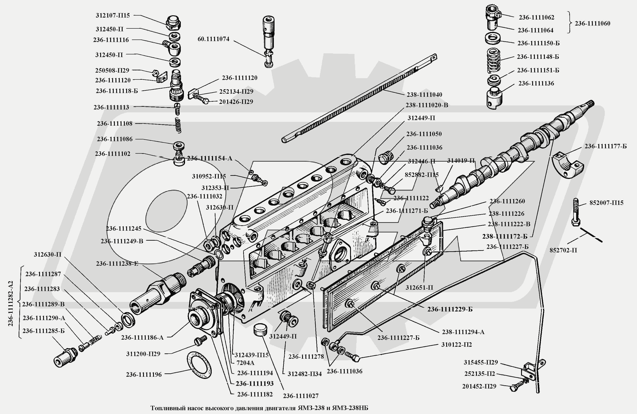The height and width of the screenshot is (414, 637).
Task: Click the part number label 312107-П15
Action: click(113, 16)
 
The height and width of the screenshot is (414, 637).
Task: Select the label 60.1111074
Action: click(213, 39)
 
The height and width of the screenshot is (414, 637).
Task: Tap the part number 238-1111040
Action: click(424, 95)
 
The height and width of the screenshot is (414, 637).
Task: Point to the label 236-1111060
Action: click(592, 24)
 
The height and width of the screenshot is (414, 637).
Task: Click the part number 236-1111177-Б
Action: click(605, 146)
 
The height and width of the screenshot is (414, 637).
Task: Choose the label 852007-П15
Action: click(606, 203)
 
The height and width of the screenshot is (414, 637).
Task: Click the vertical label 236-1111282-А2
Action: click(10, 303)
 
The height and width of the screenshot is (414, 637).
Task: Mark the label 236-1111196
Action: click(144, 375)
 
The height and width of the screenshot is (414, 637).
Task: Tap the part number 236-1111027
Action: click(301, 396)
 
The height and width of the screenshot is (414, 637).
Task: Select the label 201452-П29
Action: click(479, 386)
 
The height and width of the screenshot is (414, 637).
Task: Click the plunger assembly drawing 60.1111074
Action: click(269, 40)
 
